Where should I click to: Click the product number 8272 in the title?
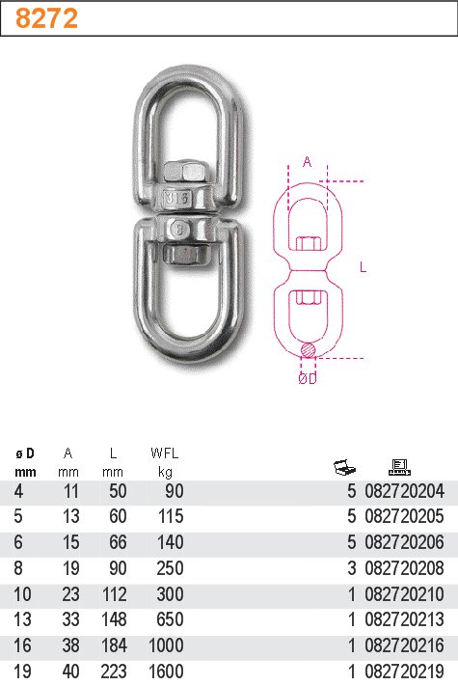[47, 18]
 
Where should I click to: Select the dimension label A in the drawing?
[308, 162]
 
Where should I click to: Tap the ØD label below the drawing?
[307, 380]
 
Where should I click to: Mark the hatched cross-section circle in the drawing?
[307, 349]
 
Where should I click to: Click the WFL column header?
[165, 453]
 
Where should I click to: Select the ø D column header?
[25, 453]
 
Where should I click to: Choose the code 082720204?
[405, 492]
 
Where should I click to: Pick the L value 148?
[113, 619]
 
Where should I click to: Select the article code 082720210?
[405, 594]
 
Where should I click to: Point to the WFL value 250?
[170, 568]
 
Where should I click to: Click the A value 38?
[67, 645]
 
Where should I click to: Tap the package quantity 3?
[351, 568]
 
